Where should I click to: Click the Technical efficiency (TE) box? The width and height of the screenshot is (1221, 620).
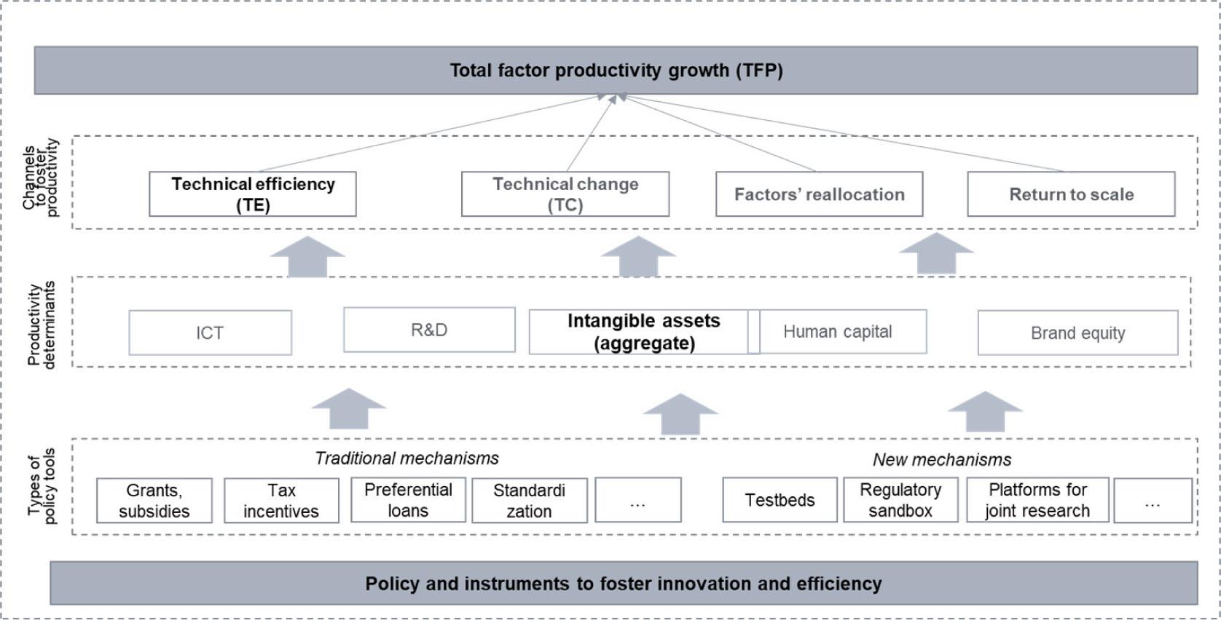tap(253, 194)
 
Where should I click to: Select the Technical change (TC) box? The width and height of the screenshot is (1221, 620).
tap(565, 194)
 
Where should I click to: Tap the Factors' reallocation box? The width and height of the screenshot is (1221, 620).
tap(819, 194)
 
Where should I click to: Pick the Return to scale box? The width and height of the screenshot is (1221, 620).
tap(1071, 194)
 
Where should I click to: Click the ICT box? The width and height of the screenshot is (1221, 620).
tap(210, 333)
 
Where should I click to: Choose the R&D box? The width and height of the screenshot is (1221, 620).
tap(429, 330)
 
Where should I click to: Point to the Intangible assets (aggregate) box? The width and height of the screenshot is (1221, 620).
tap(643, 332)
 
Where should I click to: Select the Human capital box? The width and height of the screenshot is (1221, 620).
tap(838, 332)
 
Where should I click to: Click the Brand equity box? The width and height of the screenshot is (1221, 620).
tap(1077, 333)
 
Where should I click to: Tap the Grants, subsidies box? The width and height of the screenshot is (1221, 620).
tap(154, 500)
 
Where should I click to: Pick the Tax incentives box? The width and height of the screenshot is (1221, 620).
tap(281, 500)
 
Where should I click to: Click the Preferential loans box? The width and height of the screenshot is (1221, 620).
tap(408, 500)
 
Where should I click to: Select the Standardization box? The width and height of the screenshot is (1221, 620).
tap(529, 500)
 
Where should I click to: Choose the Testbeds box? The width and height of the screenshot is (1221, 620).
tap(780, 500)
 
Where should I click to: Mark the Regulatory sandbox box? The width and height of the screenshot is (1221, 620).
tap(900, 500)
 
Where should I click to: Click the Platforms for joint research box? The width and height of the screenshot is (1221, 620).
tap(1037, 500)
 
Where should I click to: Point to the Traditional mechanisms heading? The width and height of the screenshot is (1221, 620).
tap(407, 458)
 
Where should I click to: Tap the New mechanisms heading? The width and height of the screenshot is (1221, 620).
tap(942, 460)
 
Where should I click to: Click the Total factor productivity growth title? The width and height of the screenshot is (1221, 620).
tap(616, 71)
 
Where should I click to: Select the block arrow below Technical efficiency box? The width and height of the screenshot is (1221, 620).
tap(307, 258)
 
